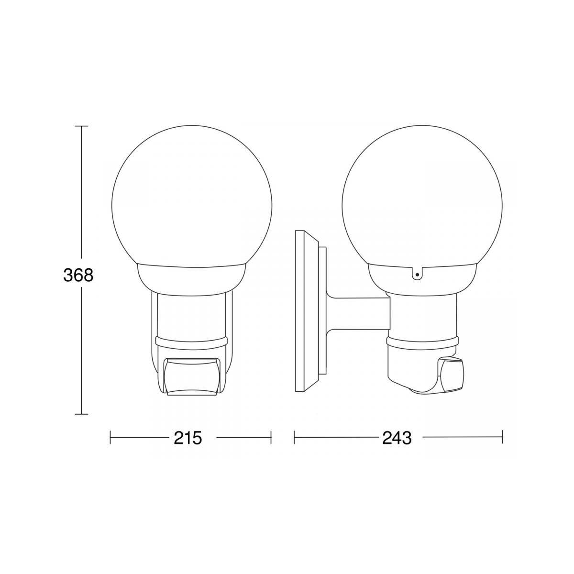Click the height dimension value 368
78,275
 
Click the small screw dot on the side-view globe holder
417,275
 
